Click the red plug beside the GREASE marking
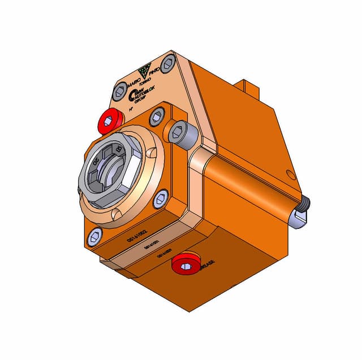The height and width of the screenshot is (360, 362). click(x=185, y=263)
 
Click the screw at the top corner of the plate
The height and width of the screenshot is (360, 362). click(x=167, y=63)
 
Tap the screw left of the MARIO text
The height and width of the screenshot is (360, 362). click(x=119, y=90)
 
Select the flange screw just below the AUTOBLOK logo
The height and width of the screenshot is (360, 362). click(x=157, y=116)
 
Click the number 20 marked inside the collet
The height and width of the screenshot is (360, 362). click(x=97, y=161)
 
